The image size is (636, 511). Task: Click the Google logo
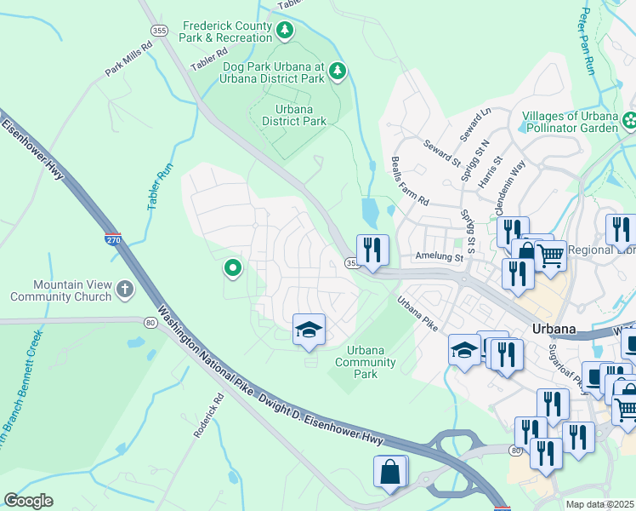tap(28, 501)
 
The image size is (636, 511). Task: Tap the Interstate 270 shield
tap(113, 240)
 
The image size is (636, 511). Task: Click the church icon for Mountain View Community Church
tap(125, 290)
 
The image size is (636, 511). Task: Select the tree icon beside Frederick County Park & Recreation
tap(286, 32)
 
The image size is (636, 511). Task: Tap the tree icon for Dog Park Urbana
tap(338, 71)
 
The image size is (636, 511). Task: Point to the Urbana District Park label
tap(294, 115)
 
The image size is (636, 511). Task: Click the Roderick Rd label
tap(207, 416)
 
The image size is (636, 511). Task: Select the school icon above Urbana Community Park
tap(309, 330)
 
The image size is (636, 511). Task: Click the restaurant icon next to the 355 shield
tap(372, 250)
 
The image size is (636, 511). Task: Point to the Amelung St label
tap(438, 256)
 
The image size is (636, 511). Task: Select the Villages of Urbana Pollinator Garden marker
tap(629, 122)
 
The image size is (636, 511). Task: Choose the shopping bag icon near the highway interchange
tap(389, 472)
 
